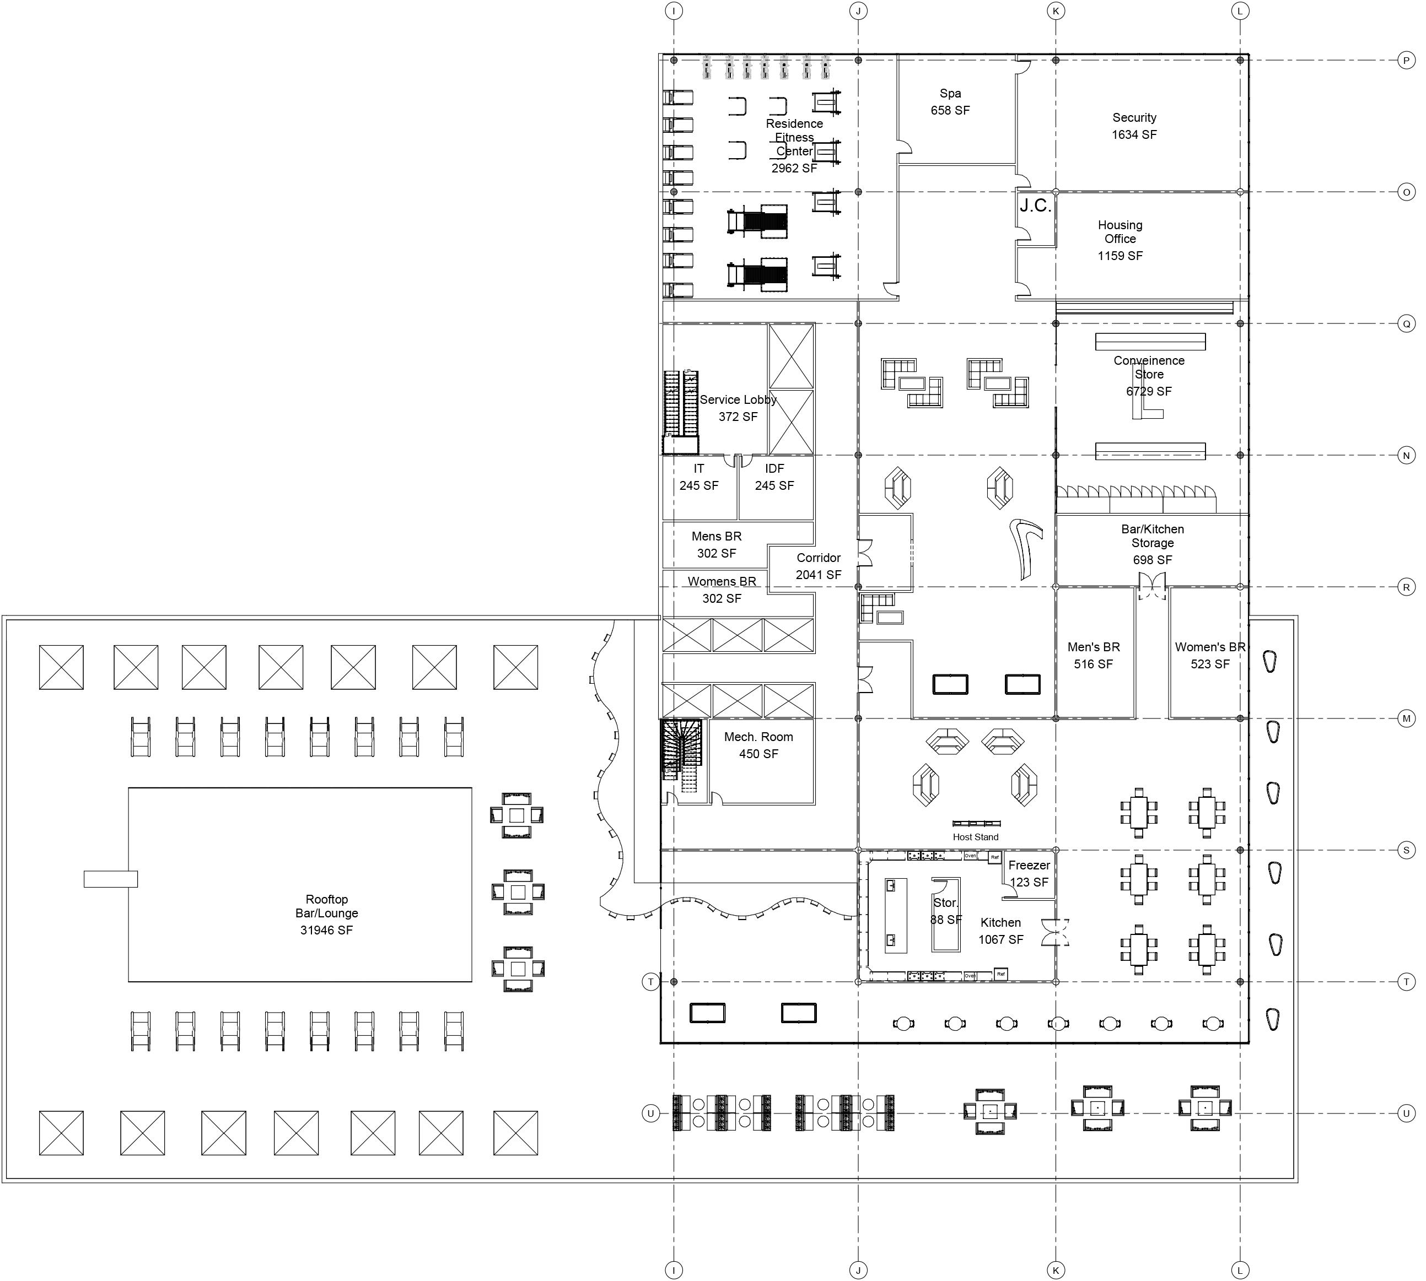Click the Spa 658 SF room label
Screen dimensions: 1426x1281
pyautogui.click(x=950, y=102)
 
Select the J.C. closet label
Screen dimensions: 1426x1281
pyautogui.click(x=1035, y=206)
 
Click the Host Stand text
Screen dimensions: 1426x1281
pyautogui.click(x=975, y=837)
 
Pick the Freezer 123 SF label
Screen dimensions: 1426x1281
pyautogui.click(x=1029, y=873)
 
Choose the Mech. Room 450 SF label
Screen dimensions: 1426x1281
pyautogui.click(x=758, y=745)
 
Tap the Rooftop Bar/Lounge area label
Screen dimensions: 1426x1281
pyautogui.click(x=327, y=914)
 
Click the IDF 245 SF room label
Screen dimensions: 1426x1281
pyautogui.click(x=774, y=477)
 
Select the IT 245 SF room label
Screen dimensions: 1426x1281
pyautogui.click(x=698, y=477)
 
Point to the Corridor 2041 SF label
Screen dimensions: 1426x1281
pyautogui.click(x=818, y=566)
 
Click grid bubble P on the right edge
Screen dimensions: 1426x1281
pyautogui.click(x=1406, y=61)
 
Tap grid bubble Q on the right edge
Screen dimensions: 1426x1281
pyautogui.click(x=1406, y=324)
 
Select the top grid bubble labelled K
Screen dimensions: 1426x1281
pyautogui.click(x=1056, y=10)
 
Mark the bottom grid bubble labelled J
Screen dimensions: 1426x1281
pyautogui.click(x=858, y=1271)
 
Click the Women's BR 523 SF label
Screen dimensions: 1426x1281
pyautogui.click(x=1210, y=655)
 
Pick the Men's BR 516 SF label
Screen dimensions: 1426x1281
pyautogui.click(x=1093, y=655)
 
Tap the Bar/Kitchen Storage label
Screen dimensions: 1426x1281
pyautogui.click(x=1152, y=544)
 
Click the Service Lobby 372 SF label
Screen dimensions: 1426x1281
pyautogui.click(x=738, y=408)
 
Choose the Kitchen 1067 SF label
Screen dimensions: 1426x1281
pyautogui.click(x=1000, y=931)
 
